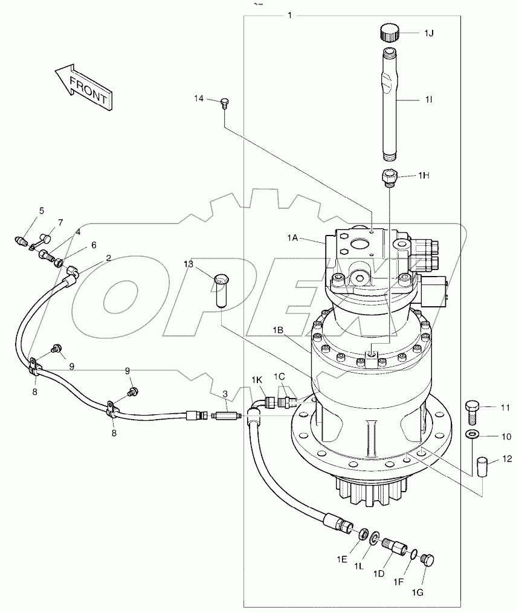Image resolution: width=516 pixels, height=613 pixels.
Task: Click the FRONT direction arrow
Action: pyautogui.click(x=83, y=87)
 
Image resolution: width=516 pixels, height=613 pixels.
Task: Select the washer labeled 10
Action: pyautogui.click(x=472, y=435)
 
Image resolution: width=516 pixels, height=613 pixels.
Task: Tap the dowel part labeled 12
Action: pyautogui.click(x=482, y=467)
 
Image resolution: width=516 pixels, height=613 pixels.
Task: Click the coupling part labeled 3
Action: pyautogui.click(x=227, y=416)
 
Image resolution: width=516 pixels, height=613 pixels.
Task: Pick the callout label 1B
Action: pyautogui.click(x=278, y=330)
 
